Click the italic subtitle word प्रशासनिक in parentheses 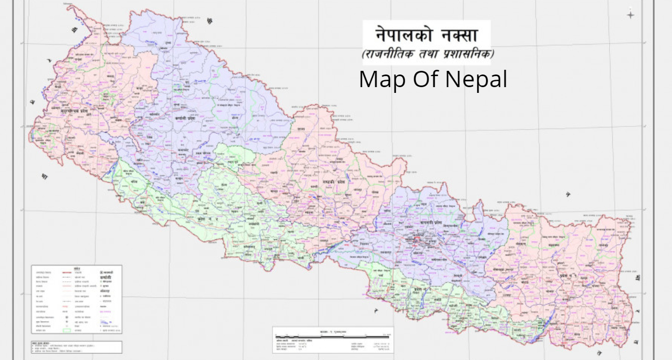point(469,54)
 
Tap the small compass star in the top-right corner point(630,15)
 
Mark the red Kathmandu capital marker point(418,241)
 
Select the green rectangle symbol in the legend point(67,331)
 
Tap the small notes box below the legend point(76,347)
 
